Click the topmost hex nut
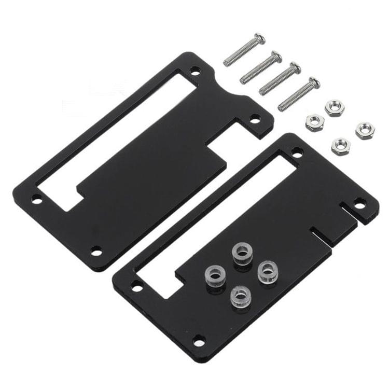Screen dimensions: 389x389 pos(335,107)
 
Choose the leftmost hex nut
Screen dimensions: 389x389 pos(315,123)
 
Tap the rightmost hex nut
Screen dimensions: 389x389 pos(365,130)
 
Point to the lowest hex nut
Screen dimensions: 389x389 pos(341,145)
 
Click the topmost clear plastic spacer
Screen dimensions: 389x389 pos(242,254)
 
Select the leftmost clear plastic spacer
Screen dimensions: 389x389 pos(216,273)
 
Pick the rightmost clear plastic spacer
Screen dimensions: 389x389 pos(267,271)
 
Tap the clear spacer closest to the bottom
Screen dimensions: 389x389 pos(241,296)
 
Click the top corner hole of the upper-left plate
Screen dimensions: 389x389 pos(195,70)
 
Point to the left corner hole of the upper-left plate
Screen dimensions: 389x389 pos(37,199)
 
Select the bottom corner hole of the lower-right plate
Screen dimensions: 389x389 pos(199,341)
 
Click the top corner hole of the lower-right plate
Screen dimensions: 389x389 pos(297,152)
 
